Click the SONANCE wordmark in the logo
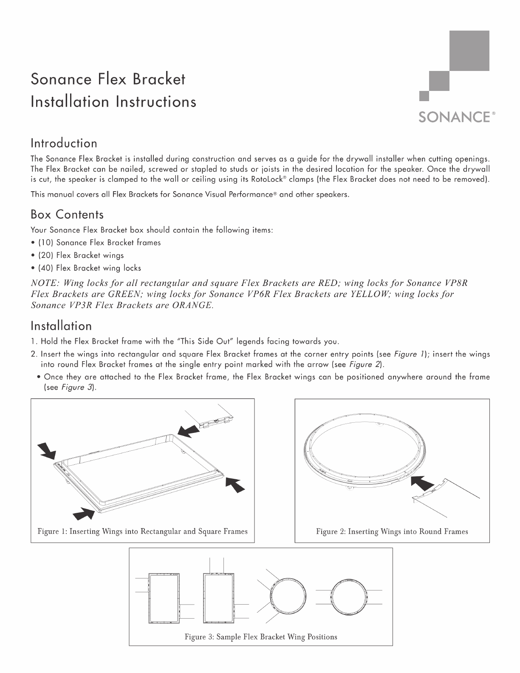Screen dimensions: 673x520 (454, 117)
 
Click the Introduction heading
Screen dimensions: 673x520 (64, 143)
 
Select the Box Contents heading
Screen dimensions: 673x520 (67, 214)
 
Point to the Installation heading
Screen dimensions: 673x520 (61, 326)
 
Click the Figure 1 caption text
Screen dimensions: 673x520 (142, 531)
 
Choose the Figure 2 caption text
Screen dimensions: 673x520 (392, 531)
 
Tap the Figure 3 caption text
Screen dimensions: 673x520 (260, 636)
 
